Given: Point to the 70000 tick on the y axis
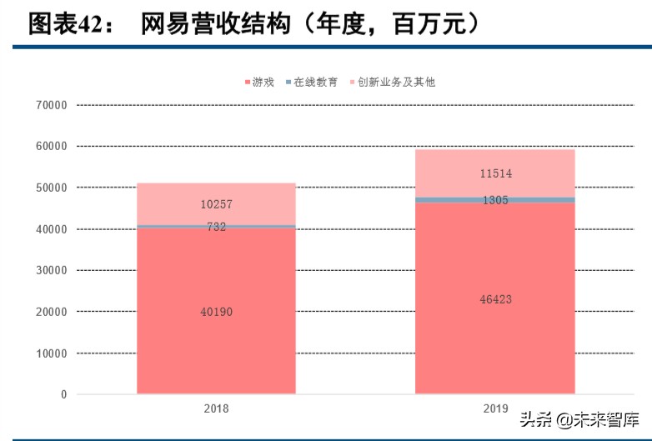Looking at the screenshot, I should click(52, 105).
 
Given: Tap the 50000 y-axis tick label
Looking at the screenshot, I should click(52, 188).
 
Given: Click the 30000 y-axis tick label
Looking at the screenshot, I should click(52, 270).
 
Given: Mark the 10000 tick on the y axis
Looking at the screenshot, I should click(52, 353).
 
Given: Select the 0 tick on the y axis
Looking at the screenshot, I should click(63, 394).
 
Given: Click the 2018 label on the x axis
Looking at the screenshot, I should click(216, 409).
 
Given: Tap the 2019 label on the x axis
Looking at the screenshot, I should click(495, 409).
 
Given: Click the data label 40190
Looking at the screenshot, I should click(216, 312).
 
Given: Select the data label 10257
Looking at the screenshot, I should click(216, 204).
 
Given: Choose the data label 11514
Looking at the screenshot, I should click(495, 173).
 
